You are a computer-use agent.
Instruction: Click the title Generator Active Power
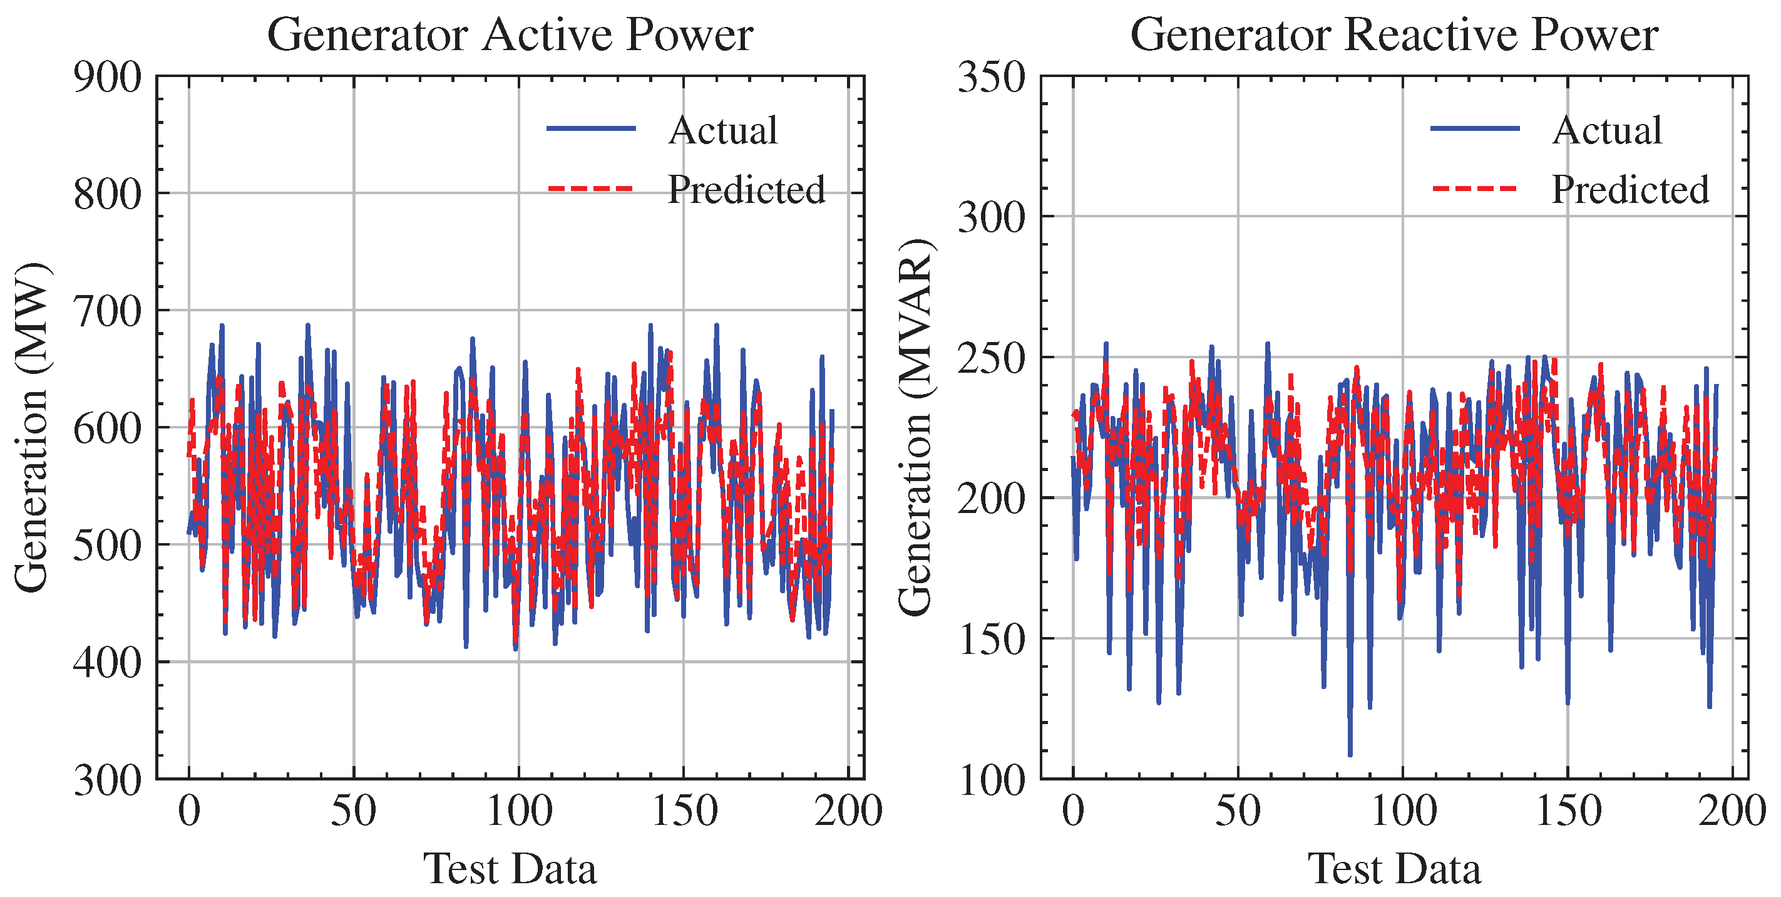(510, 34)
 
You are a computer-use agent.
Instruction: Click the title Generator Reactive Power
(1394, 34)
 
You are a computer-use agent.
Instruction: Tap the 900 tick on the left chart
(107, 78)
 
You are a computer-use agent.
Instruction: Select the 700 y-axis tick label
(107, 311)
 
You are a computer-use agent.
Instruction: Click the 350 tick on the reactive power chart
(992, 78)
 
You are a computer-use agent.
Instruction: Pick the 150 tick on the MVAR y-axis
(992, 640)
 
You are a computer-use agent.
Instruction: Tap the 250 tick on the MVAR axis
(992, 358)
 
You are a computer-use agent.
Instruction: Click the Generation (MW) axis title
(32, 427)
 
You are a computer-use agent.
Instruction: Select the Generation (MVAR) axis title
(916, 427)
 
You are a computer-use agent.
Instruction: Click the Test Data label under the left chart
(510, 869)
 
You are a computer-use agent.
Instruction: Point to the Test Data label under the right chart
(1394, 869)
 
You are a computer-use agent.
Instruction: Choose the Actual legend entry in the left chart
(722, 130)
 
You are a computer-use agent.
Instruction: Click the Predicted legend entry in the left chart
(746, 189)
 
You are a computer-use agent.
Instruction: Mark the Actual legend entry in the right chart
(1607, 130)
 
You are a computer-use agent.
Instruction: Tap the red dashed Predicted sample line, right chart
(1474, 188)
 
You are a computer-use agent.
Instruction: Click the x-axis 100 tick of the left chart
(518, 811)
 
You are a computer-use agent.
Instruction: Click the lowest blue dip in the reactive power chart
(1350, 754)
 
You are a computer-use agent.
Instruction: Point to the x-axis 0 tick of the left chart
(189, 811)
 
